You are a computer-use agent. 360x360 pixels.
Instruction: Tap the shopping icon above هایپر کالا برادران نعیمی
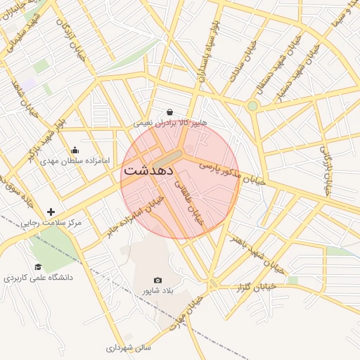[x=170, y=112]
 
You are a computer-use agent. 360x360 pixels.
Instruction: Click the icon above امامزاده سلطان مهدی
[x=75, y=150]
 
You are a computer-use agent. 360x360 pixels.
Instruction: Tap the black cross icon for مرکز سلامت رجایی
[x=51, y=212]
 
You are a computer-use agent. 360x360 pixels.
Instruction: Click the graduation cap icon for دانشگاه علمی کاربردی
[x=38, y=267]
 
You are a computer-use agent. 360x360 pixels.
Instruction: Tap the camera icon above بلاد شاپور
[x=157, y=280]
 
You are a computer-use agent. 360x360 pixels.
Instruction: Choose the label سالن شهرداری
[x=129, y=347]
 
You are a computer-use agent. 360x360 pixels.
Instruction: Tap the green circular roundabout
[x=252, y=105]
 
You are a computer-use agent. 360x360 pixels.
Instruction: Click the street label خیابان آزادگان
[x=74, y=39]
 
